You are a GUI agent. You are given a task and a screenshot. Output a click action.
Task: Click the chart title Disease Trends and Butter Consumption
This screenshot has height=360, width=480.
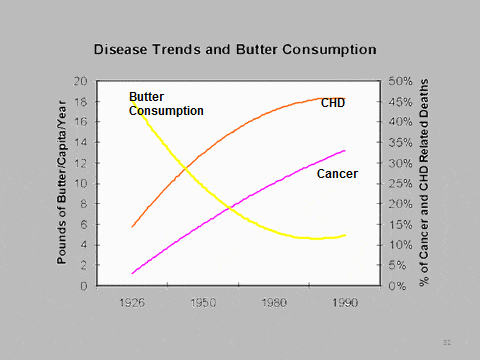(234, 48)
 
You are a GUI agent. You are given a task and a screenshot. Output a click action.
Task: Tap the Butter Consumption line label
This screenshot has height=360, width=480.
(166, 104)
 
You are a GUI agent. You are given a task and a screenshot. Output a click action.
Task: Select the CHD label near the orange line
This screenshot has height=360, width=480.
(333, 103)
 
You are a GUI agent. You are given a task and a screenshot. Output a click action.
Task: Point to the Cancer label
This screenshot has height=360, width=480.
(337, 174)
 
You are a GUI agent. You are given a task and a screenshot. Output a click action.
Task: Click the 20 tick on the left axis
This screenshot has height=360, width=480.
(80, 81)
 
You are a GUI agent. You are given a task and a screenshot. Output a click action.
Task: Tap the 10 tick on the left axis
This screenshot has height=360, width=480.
(80, 184)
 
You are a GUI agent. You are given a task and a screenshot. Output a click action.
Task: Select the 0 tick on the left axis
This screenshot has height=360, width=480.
(84, 286)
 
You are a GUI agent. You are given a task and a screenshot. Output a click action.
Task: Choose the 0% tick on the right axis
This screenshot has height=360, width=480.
(395, 286)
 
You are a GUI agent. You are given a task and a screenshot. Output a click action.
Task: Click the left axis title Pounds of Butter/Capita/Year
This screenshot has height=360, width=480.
(62, 184)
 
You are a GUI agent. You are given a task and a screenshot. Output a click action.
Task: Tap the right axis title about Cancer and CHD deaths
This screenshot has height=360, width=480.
(424, 184)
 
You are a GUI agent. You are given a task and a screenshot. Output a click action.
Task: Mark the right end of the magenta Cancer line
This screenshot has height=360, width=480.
(346, 151)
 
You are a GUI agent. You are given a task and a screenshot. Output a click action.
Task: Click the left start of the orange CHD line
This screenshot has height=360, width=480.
(132, 227)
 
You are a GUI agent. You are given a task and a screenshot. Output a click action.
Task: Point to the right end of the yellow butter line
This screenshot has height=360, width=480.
(346, 235)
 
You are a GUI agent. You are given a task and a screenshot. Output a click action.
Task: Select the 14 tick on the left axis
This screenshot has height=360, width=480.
(80, 143)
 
